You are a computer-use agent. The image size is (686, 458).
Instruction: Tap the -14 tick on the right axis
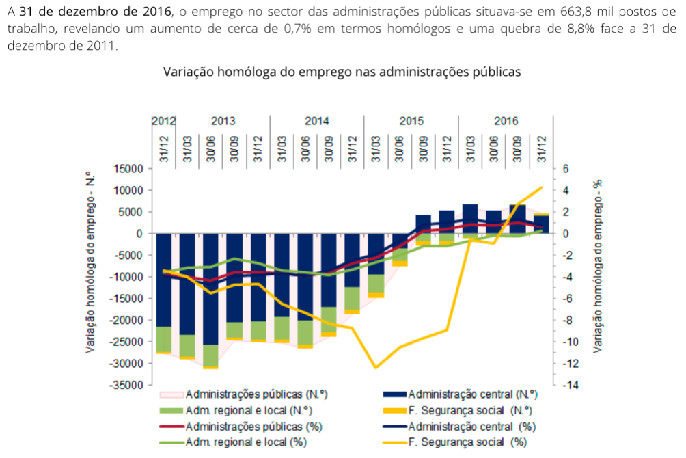tap(568, 385)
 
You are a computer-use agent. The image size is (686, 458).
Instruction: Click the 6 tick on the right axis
tap(565, 169)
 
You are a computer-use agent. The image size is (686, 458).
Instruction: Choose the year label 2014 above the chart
tap(317, 121)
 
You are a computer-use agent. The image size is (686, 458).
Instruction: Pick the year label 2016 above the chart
tap(506, 121)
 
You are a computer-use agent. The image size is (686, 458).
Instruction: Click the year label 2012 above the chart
tap(163, 121)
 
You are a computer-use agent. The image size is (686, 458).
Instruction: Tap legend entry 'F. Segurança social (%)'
tap(467, 442)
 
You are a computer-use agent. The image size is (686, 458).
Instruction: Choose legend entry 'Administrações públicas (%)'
tap(253, 426)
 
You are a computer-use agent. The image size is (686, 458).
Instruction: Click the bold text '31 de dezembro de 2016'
tap(95, 12)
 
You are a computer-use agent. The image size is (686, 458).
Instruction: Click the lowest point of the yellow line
tap(376, 368)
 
